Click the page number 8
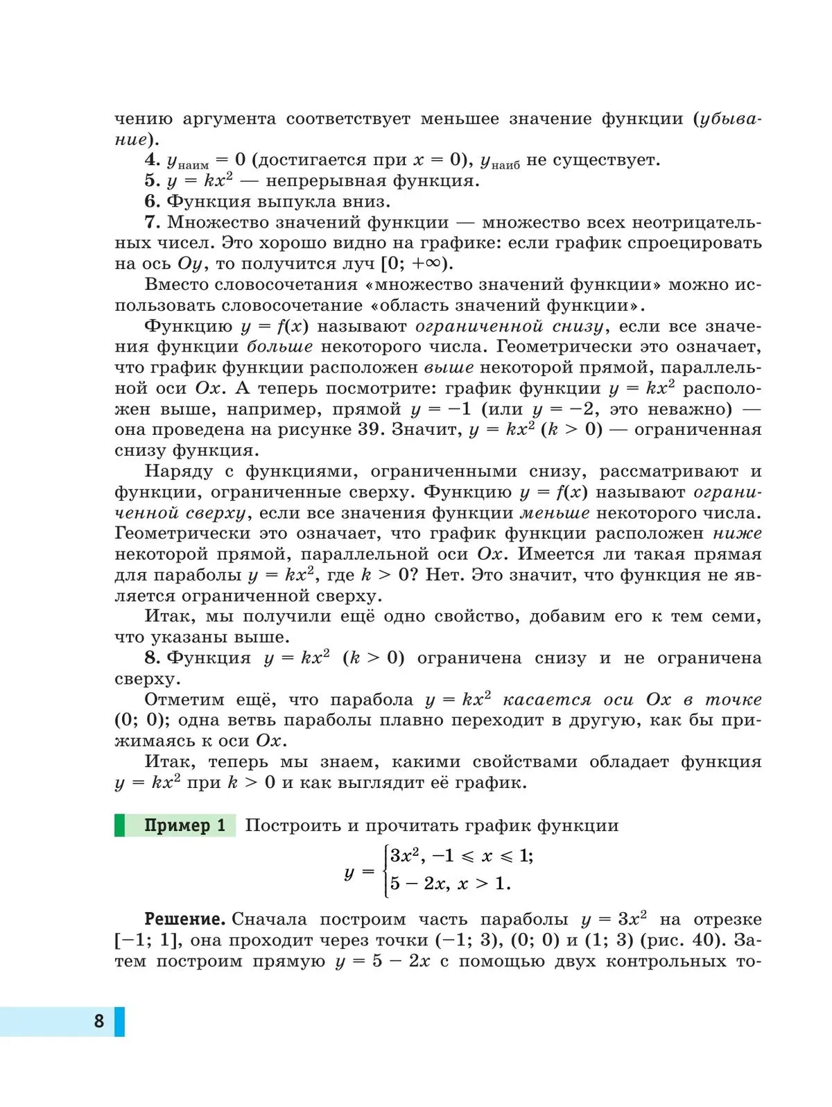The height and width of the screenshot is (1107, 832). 99,1020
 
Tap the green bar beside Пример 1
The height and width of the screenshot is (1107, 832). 119,825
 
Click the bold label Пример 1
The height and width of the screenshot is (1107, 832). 184,825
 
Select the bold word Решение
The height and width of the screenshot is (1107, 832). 184,920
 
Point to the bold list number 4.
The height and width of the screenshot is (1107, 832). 152,160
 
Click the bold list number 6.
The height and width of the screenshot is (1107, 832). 152,202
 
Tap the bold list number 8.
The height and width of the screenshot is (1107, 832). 152,658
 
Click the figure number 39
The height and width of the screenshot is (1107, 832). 370,429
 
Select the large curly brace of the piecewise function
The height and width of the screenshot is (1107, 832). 384,870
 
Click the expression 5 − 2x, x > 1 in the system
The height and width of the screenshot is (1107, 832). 449,884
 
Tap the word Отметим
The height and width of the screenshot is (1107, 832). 175,699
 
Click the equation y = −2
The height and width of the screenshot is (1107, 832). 562,409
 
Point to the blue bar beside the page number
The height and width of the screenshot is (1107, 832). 119,1022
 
